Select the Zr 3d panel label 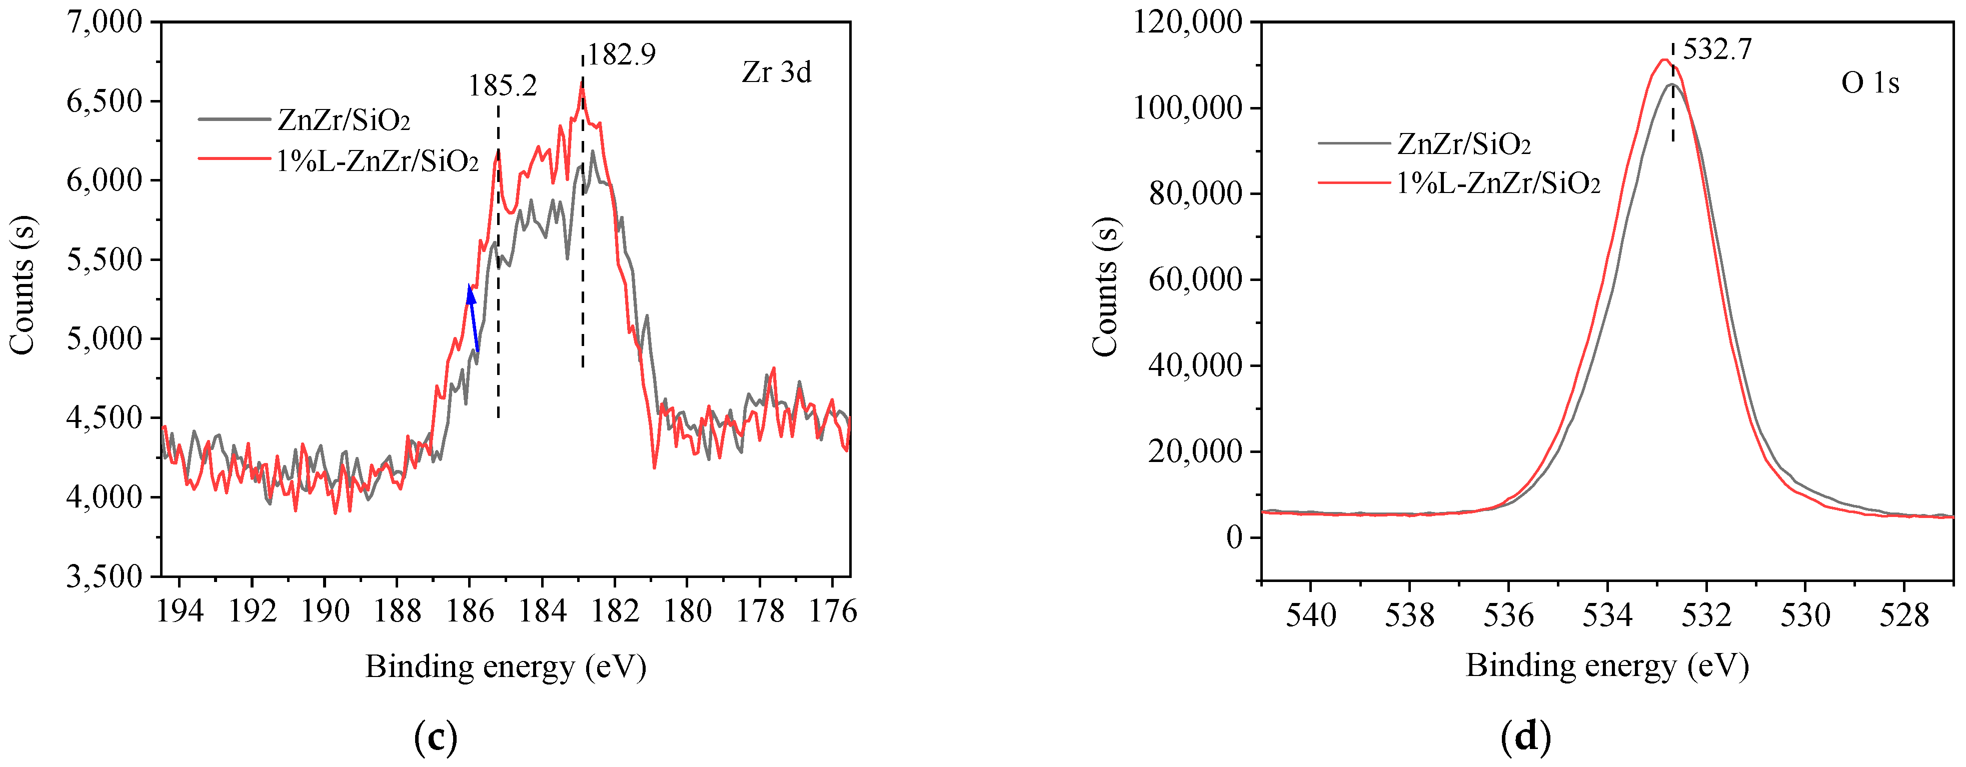tap(776, 72)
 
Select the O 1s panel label tap(1870, 82)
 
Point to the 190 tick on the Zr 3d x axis tap(325, 611)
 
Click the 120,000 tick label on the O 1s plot tap(1187, 22)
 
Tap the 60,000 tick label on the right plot tap(1195, 280)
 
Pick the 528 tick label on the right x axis tap(1903, 615)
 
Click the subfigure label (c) tap(435, 737)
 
